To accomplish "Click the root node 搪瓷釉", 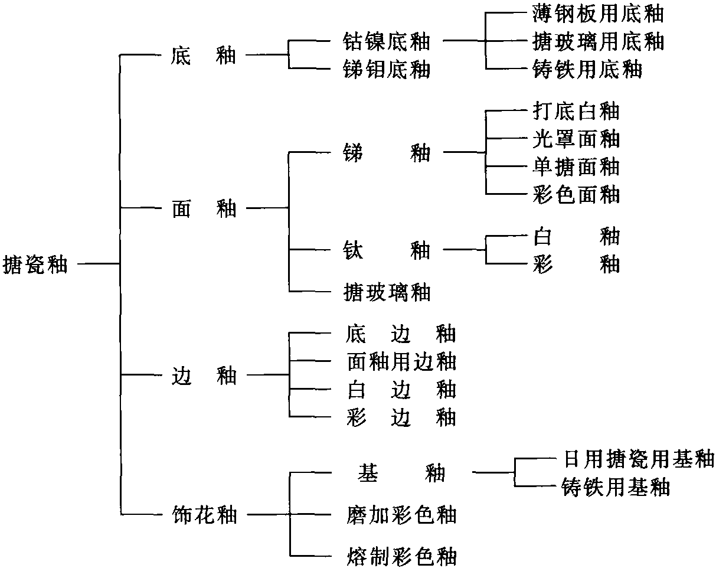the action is tap(35, 265).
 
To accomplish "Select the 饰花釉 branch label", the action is tap(204, 515).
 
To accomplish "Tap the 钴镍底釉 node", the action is tap(387, 41).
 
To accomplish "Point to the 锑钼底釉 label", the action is tap(387, 69).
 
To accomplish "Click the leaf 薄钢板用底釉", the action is tap(598, 14).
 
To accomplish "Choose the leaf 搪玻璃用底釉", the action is tap(598, 41).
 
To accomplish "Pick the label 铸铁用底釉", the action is tap(587, 69).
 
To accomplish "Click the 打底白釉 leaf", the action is tap(576, 111).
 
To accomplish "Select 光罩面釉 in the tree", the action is tap(576, 139).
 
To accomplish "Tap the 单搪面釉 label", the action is tap(576, 167).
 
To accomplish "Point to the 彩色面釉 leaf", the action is tap(576, 194).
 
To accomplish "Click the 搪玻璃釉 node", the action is tap(387, 292).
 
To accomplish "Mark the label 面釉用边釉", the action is tap(401, 361).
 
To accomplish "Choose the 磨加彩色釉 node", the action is tap(401, 515).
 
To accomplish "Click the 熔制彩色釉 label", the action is tap(401, 556).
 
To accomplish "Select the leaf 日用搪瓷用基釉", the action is tap(639, 459).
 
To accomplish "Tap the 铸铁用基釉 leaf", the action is tap(616, 487).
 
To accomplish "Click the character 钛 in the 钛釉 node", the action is tap(353, 250).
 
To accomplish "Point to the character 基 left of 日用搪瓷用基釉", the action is tap(368, 473).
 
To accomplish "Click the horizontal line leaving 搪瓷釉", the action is tap(99, 264).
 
